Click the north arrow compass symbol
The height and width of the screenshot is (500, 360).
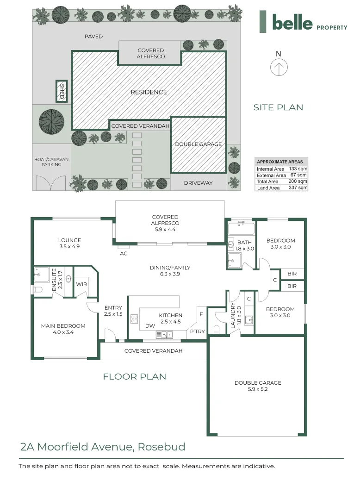pos(279,68)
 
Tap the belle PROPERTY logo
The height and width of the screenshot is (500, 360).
pos(304,23)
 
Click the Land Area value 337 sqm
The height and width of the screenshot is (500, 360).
pos(299,188)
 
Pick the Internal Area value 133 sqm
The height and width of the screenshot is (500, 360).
pos(298,169)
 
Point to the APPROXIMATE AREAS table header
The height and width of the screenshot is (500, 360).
pos(280,162)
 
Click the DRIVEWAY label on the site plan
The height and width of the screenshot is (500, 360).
pos(198,183)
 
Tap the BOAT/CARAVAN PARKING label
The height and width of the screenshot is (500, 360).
pos(51,162)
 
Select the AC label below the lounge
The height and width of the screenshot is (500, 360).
pos(124,253)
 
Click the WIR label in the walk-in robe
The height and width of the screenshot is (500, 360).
pos(82,284)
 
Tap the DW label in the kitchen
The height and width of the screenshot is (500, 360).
pos(150,326)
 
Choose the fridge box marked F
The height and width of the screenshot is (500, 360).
pos(201,314)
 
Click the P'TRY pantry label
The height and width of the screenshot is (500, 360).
pos(198,331)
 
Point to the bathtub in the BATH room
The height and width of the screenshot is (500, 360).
pos(241,229)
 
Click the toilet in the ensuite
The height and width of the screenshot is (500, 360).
pos(37,290)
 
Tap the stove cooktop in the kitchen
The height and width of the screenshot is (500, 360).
pos(134,319)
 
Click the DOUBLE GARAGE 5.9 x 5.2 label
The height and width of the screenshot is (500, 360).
pos(258,386)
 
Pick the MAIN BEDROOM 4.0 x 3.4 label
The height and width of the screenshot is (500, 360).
pos(63,329)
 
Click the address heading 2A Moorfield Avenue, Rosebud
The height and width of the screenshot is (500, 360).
pos(103,447)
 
